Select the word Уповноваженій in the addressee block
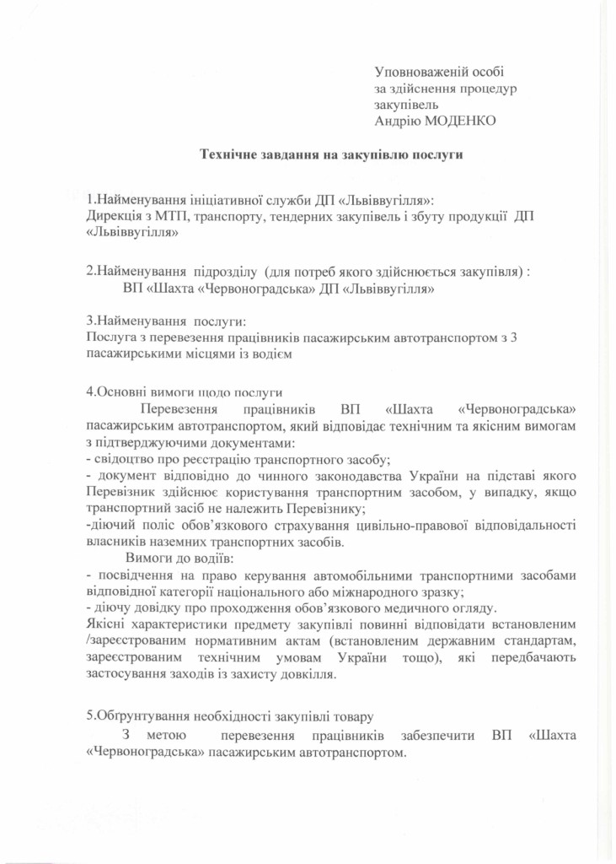(415, 74)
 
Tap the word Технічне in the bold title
(229, 154)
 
